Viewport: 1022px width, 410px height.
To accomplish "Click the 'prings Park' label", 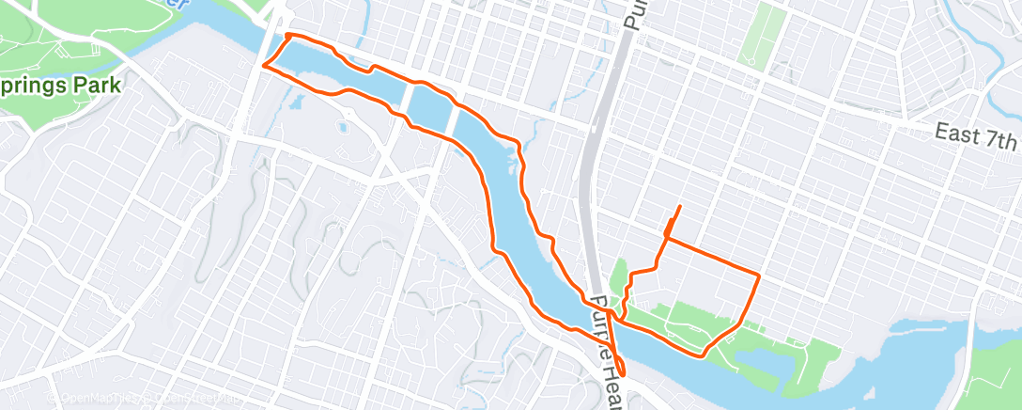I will click(x=61, y=86).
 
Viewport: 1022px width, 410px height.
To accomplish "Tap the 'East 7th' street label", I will click(x=977, y=137).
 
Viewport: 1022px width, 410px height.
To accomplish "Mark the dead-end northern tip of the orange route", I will click(x=679, y=206).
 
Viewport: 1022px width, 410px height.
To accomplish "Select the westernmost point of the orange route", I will click(x=263, y=66).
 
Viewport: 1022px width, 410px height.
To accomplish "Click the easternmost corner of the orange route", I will click(x=758, y=276).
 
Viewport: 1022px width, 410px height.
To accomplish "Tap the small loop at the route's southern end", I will click(x=619, y=372).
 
